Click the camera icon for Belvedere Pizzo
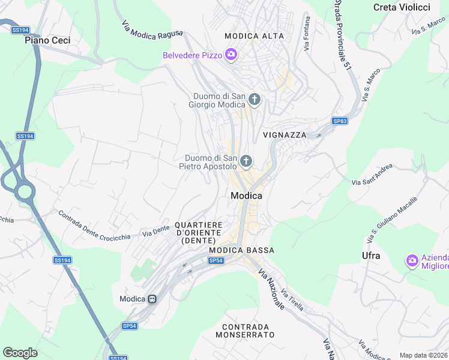coord(231,56)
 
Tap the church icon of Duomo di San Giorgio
coord(255,100)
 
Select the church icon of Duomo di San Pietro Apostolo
coord(246,161)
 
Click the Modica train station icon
coord(153,299)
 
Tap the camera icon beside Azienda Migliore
coord(412,260)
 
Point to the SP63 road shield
coord(340,121)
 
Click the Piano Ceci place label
coord(47,40)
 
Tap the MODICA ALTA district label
coord(254,36)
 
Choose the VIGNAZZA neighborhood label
coord(284,135)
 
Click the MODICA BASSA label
coord(242,250)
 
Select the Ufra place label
coord(371,256)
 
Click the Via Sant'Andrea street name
coord(372,174)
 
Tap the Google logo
coord(20,352)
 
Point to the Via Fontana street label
coord(307,37)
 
